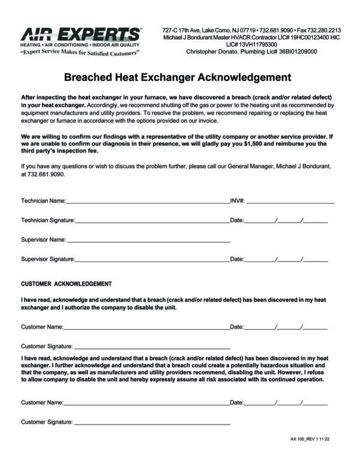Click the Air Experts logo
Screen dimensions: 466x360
pyautogui.click(x=81, y=35)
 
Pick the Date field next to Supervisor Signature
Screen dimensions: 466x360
pyautogui.click(x=286, y=261)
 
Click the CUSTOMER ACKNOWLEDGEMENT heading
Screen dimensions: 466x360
pyautogui.click(x=66, y=283)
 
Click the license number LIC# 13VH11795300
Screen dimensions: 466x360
pyautogui.click(x=251, y=44)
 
